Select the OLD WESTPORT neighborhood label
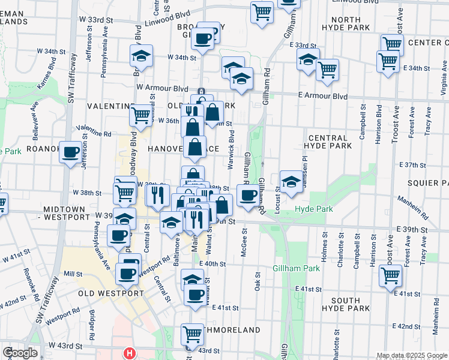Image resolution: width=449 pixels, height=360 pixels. coord(111,293)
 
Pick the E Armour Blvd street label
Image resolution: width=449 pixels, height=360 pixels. coord(323,96)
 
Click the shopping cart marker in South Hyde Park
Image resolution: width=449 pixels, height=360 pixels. coord(390,275)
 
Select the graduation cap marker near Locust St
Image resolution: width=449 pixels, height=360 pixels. coord(291,181)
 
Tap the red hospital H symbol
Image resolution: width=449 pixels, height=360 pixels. coord(128,354)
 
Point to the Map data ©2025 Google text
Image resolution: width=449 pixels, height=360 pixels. coord(411,356)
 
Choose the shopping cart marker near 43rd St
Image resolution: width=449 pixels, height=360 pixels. coord(192,333)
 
